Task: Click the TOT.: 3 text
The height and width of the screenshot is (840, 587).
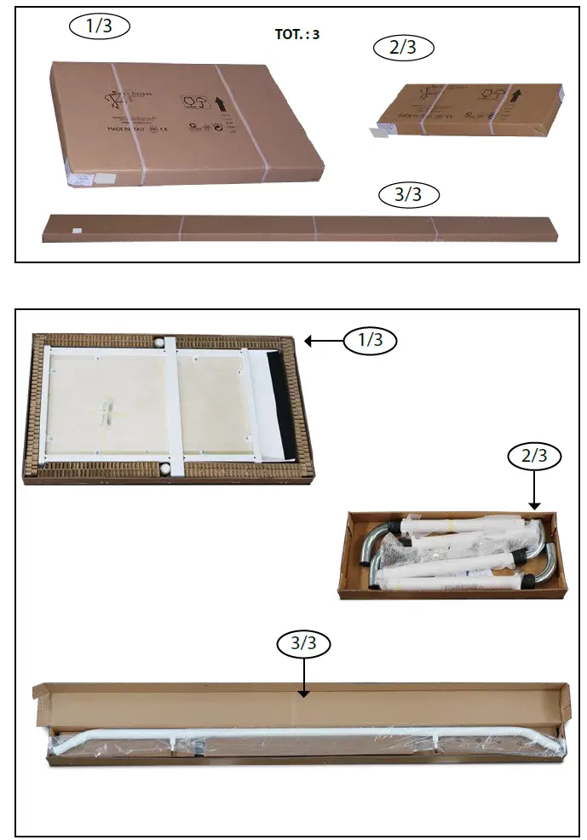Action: coord(298,36)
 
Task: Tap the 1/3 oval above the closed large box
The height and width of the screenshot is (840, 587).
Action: coord(99,26)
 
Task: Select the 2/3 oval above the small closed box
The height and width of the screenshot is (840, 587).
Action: coord(404,49)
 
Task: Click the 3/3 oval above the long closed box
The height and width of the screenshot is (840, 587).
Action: coord(409,195)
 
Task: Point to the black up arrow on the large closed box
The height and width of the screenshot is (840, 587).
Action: coord(219,104)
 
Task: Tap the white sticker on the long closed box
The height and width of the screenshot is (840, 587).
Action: coord(75,229)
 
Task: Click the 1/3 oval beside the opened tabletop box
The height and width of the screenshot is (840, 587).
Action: coord(371,342)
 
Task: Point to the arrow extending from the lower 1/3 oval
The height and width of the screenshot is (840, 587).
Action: coord(324,342)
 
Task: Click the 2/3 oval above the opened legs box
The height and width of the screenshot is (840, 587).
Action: coord(534,456)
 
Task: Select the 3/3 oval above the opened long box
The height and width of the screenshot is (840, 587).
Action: coord(304,644)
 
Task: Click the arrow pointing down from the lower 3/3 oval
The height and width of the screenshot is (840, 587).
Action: coord(304,678)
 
